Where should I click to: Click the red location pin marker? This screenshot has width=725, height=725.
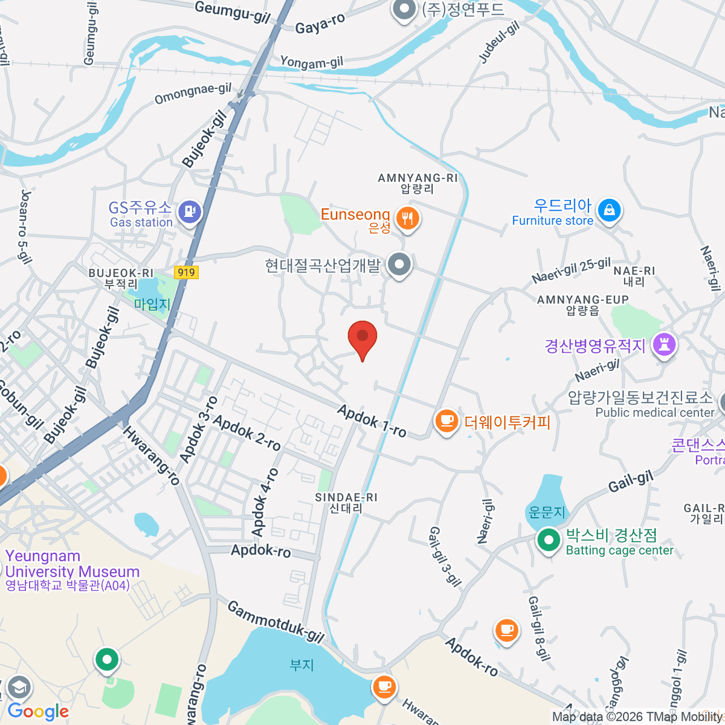click(362, 337)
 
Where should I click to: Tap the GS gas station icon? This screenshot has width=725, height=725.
click(190, 211)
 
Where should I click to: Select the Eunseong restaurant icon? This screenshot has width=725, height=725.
click(407, 217)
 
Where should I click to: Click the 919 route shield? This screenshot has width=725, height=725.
click(186, 272)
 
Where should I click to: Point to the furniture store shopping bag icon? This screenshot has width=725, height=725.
click(609, 210)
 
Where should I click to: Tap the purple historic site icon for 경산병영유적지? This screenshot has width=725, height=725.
click(664, 345)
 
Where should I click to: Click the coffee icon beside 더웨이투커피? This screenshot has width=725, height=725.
click(446, 421)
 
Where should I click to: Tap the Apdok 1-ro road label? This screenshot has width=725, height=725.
click(372, 420)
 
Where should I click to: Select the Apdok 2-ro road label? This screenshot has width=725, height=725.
click(247, 433)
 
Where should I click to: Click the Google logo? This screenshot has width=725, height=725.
click(37, 711)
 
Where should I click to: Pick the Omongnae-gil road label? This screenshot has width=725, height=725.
click(193, 94)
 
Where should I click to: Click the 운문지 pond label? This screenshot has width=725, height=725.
click(546, 512)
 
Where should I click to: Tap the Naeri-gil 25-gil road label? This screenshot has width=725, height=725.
click(571, 270)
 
